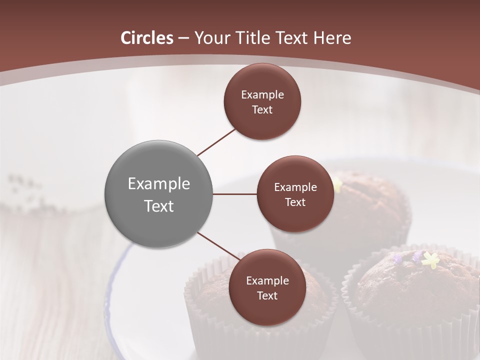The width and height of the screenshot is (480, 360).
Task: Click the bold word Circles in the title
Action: point(147,38)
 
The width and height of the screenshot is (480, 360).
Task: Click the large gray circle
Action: point(158,194)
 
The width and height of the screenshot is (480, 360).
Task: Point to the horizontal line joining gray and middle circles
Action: point(234,194)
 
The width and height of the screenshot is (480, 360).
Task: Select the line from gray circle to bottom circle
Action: point(218,246)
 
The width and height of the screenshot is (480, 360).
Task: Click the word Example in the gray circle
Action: point(158,184)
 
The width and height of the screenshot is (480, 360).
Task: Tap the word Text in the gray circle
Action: point(158,206)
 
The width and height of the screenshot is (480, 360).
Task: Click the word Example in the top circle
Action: point(262,94)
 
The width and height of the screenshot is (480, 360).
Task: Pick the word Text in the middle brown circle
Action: point(295,202)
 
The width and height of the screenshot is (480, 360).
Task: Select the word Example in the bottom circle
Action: point(267,280)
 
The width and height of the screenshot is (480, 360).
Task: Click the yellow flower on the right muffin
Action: point(430,259)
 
